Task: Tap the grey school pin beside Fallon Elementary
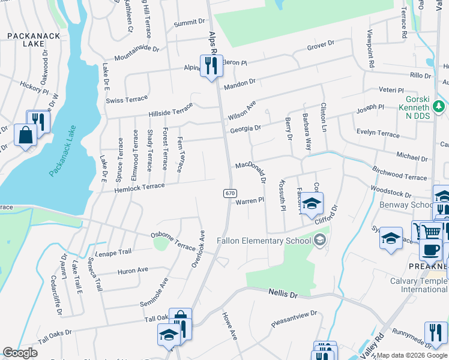click(x=321, y=241)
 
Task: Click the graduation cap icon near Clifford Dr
click(x=312, y=205)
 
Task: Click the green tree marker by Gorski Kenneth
click(x=439, y=107)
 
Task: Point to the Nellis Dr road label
click(x=282, y=293)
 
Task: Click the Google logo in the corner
click(x=20, y=353)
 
